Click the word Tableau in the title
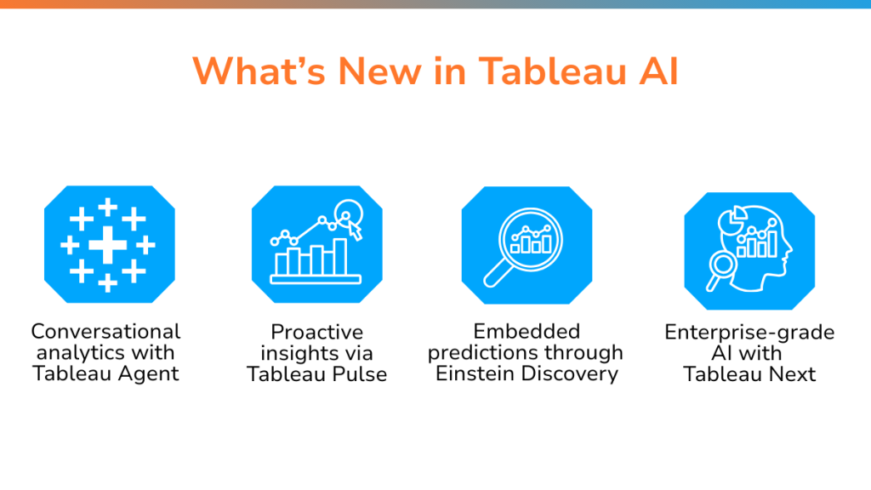pyautogui.click(x=553, y=71)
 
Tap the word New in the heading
pyautogui.click(x=379, y=71)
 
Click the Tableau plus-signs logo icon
pyautogui.click(x=110, y=244)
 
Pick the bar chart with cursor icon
pyautogui.click(x=317, y=244)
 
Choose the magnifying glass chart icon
pyautogui.click(x=527, y=245)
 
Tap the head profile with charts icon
pyautogui.click(x=749, y=251)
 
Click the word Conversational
pyautogui.click(x=105, y=331)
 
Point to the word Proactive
pyautogui.click(x=317, y=332)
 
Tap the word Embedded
pyautogui.click(x=527, y=331)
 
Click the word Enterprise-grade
pyautogui.click(x=749, y=333)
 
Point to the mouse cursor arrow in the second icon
pyautogui.click(x=355, y=231)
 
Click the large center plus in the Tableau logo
pyautogui.click(x=108, y=244)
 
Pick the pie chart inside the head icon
pyautogui.click(x=731, y=219)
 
